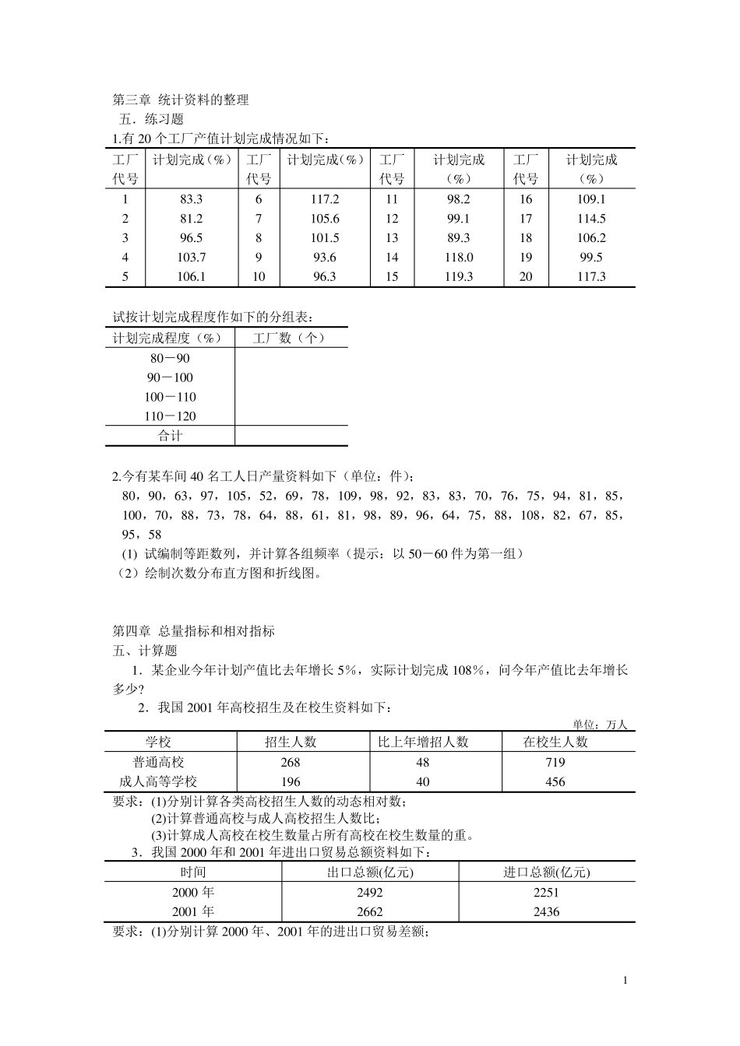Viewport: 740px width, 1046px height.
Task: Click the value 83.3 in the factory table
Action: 191,199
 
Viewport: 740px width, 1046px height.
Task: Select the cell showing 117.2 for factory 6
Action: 324,199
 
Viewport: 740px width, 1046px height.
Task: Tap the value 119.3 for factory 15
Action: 458,276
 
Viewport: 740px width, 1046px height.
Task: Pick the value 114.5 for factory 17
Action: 591,219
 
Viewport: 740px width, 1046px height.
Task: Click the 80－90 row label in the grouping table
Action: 170,359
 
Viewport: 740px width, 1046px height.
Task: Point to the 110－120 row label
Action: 170,416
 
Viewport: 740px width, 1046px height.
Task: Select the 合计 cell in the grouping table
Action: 170,436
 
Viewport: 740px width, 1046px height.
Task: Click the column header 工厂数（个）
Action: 290,338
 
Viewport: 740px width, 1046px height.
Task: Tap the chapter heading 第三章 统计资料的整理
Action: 181,100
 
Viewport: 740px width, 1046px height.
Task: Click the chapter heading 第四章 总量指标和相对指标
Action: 194,631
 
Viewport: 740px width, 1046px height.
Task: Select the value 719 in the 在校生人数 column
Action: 555,763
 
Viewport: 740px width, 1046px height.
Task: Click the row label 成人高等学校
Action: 158,782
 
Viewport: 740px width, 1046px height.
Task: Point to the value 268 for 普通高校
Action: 290,763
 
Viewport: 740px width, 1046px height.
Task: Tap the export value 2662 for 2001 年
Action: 370,911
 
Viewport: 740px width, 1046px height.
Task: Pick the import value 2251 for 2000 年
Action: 546,893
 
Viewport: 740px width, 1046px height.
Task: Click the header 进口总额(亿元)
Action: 546,872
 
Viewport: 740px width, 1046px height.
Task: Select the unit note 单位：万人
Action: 600,724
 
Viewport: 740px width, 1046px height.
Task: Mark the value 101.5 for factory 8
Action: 324,238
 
